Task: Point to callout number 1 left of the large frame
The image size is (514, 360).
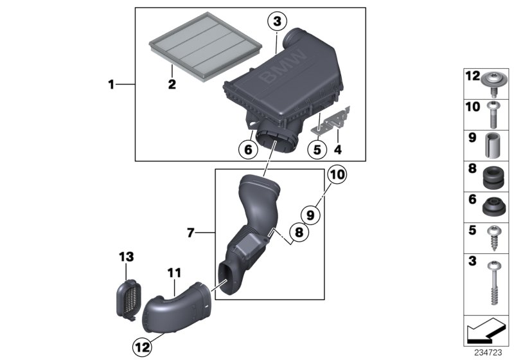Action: pos(111,84)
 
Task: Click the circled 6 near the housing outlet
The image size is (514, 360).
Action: pos(245,149)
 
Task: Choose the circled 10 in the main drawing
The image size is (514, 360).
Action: pos(337,174)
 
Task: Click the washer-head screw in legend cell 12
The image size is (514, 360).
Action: pos(494,82)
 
